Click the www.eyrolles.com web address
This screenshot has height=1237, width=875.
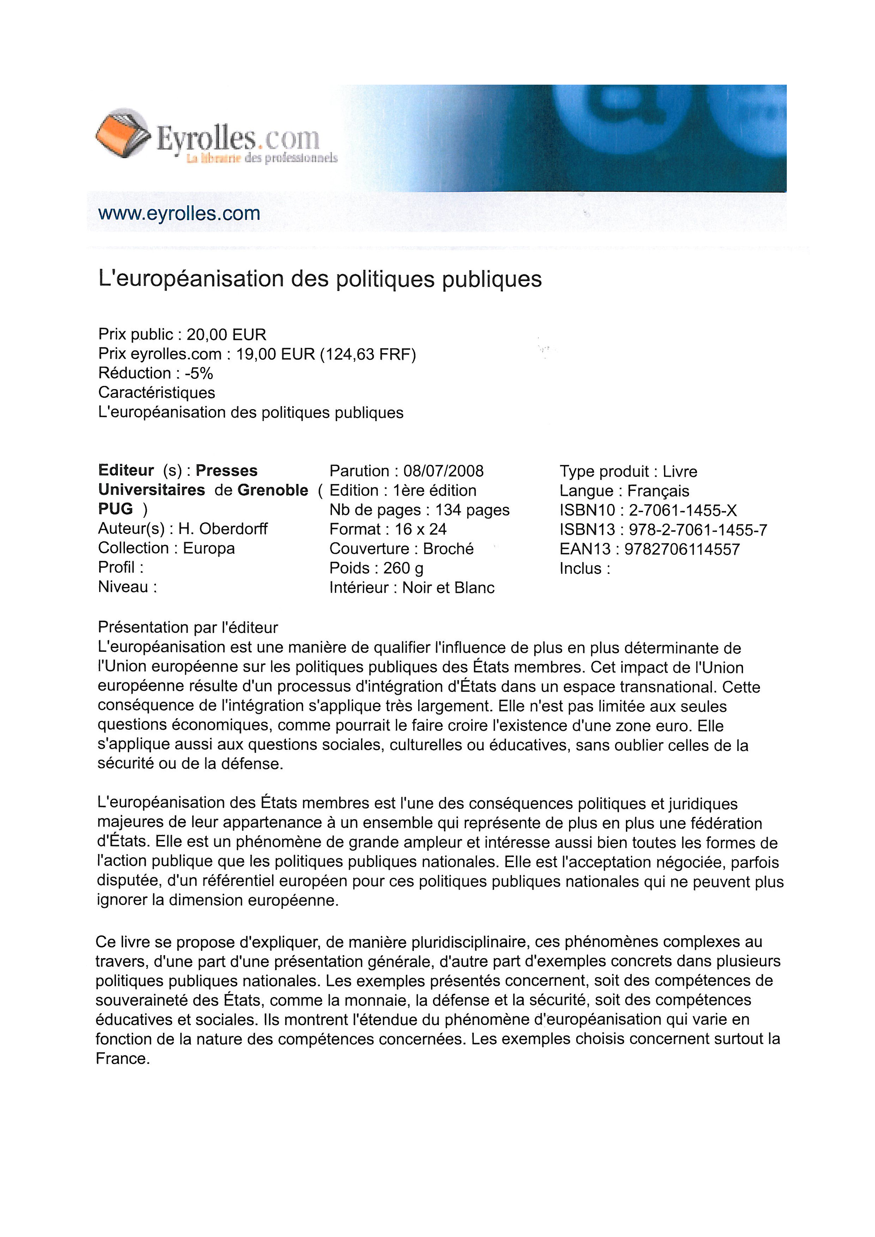[179, 213]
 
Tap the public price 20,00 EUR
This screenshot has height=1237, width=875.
[226, 335]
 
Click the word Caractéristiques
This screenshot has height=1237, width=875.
[156, 393]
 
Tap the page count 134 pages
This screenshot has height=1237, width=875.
[472, 510]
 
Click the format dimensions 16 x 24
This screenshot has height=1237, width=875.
[420, 529]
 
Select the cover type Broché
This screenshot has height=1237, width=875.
[448, 548]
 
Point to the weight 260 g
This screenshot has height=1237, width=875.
[403, 568]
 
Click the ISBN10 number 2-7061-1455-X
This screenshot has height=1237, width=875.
[683, 510]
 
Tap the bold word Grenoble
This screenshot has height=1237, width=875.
[273, 490]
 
